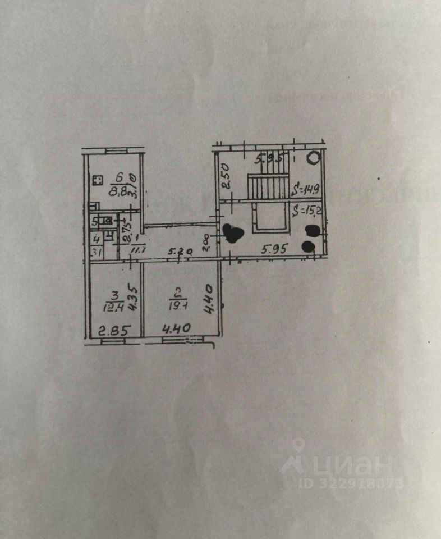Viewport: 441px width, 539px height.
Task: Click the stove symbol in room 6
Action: pyautogui.click(x=97, y=181)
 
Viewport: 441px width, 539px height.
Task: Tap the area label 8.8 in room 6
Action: pyautogui.click(x=117, y=190)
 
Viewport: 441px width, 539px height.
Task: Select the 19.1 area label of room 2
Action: pyautogui.click(x=174, y=307)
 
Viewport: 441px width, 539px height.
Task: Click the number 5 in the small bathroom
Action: pyautogui.click(x=95, y=221)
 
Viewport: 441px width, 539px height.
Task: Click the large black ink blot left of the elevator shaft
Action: pyautogui.click(x=232, y=232)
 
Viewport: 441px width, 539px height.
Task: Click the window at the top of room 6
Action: pyautogui.click(x=114, y=150)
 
